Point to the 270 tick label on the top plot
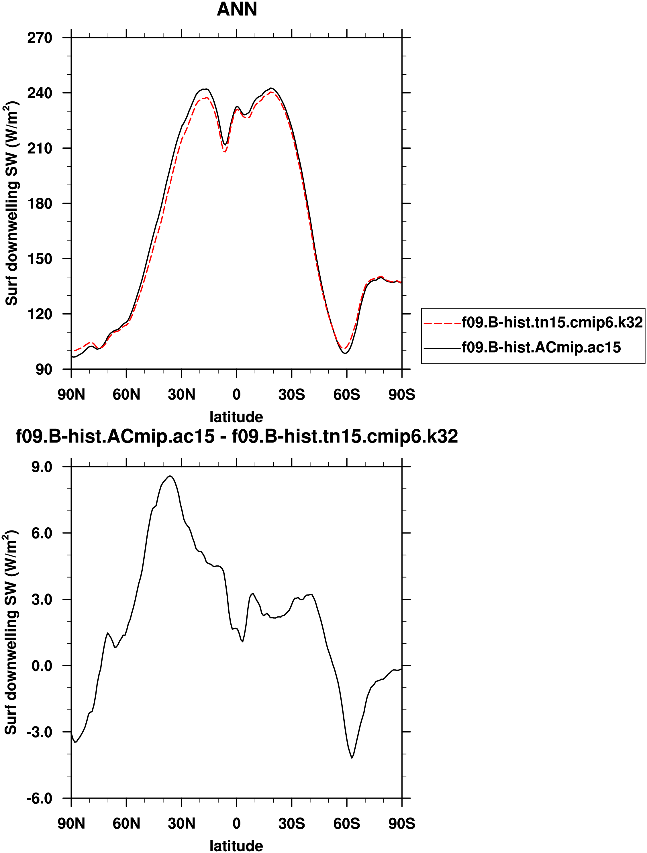coord(40,38)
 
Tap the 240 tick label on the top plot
coord(40,93)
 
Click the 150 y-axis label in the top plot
coord(40,259)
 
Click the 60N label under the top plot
coord(126,394)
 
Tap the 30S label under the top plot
coord(292,394)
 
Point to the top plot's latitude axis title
coord(236,417)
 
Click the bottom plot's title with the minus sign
coord(236,437)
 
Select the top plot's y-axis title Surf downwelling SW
coord(11,203)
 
